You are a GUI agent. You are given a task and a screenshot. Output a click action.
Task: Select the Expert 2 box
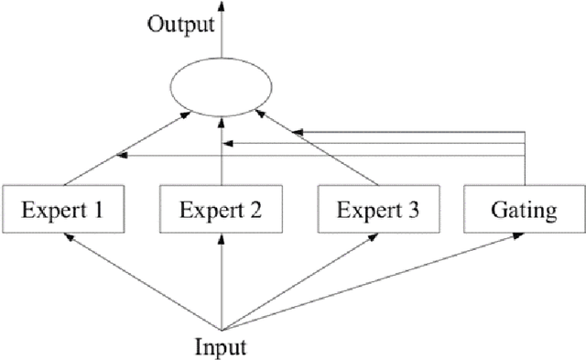pos(222,211)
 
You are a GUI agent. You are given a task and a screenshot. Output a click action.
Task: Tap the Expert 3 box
pos(378,211)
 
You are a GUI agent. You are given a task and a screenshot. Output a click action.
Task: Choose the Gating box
pos(522,211)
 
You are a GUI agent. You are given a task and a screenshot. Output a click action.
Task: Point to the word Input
pos(222,347)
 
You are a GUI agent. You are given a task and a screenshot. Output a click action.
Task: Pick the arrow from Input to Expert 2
pos(222,284)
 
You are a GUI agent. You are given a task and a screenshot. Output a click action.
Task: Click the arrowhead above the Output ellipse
pos(221,7)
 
